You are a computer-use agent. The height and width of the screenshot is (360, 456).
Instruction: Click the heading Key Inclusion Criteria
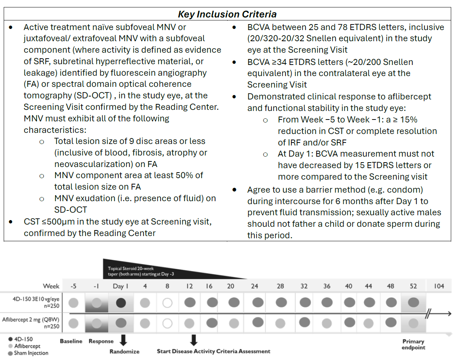click(x=227, y=14)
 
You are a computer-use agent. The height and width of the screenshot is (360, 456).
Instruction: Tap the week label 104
click(x=439, y=286)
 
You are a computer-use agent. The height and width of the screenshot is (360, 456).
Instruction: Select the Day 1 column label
click(x=120, y=286)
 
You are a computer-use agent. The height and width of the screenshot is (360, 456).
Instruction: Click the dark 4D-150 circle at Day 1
click(x=121, y=303)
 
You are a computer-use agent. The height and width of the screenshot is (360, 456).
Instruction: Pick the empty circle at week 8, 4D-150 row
click(x=168, y=303)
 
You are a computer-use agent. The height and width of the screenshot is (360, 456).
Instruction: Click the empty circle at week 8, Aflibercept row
click(x=168, y=324)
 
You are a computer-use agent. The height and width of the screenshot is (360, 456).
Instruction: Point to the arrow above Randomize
click(x=123, y=340)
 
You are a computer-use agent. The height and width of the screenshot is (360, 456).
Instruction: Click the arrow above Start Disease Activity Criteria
click(x=194, y=340)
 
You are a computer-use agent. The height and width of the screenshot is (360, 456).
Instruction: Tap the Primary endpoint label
click(x=413, y=344)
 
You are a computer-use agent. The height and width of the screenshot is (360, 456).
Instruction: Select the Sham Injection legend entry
click(x=29, y=353)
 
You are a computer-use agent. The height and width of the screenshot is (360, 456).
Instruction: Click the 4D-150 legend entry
click(x=21, y=339)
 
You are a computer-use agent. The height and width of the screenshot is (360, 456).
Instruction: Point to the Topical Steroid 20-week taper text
click(x=141, y=271)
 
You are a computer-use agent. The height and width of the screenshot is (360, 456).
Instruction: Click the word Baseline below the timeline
click(x=71, y=341)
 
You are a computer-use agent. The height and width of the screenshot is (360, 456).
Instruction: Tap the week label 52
click(x=413, y=286)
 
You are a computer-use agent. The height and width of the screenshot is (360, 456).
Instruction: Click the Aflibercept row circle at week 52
click(x=413, y=324)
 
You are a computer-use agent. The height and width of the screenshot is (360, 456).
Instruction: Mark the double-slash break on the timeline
click(x=428, y=314)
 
